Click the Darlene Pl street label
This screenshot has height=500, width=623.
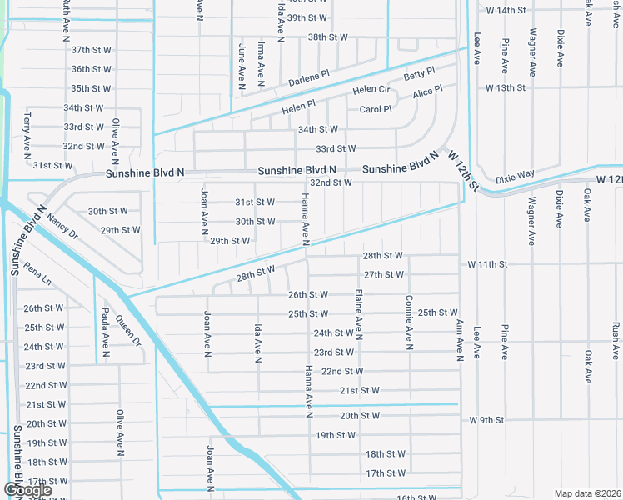pyautogui.click(x=309, y=79)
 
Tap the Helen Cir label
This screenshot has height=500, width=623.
pyautogui.click(x=371, y=89)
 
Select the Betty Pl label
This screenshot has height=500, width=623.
pyautogui.click(x=419, y=75)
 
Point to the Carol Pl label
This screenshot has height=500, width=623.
pyautogui.click(x=375, y=109)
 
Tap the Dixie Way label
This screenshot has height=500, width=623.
pyautogui.click(x=515, y=177)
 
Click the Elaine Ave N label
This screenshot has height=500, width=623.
pyautogui.click(x=358, y=315)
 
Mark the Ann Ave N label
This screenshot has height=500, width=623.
pyautogui.click(x=458, y=340)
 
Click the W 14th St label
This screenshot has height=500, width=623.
pyautogui.click(x=506, y=10)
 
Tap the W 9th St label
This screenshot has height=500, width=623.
pyautogui.click(x=487, y=420)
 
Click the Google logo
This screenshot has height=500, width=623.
pyautogui.click(x=27, y=490)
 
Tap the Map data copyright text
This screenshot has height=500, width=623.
pyautogui.click(x=587, y=493)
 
